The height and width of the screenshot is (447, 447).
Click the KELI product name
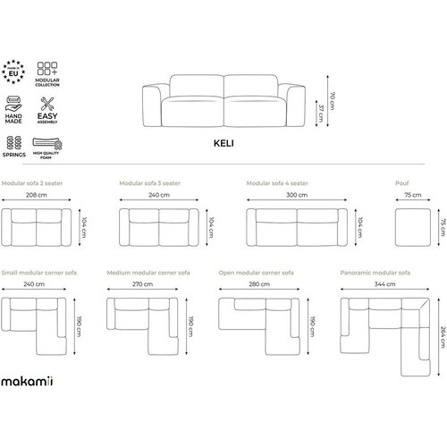(x=223, y=143)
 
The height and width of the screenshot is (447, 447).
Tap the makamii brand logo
(x=27, y=381)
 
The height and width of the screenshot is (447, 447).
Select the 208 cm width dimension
(x=37, y=195)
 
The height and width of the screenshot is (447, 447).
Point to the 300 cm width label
(x=297, y=195)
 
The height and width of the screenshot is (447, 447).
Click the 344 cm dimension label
(x=384, y=284)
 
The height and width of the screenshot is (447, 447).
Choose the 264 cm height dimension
(x=443, y=337)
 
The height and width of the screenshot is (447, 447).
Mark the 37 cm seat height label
(x=321, y=113)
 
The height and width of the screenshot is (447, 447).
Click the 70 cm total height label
(x=332, y=101)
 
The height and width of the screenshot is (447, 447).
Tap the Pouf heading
(x=402, y=183)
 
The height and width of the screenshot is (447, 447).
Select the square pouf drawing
(x=413, y=227)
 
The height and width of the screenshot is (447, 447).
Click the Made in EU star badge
(x=13, y=72)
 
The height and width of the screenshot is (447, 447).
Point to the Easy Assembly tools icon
(x=47, y=104)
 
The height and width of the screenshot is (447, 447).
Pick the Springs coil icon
(x=14, y=143)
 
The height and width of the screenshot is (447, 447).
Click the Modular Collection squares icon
(x=47, y=69)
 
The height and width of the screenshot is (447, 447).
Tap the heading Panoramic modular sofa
(x=375, y=273)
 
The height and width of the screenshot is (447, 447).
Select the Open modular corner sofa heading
(x=256, y=273)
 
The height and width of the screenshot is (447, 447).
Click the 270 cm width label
(x=142, y=284)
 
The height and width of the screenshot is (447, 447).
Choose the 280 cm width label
(x=259, y=284)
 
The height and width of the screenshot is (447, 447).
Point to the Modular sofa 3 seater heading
(x=149, y=183)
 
